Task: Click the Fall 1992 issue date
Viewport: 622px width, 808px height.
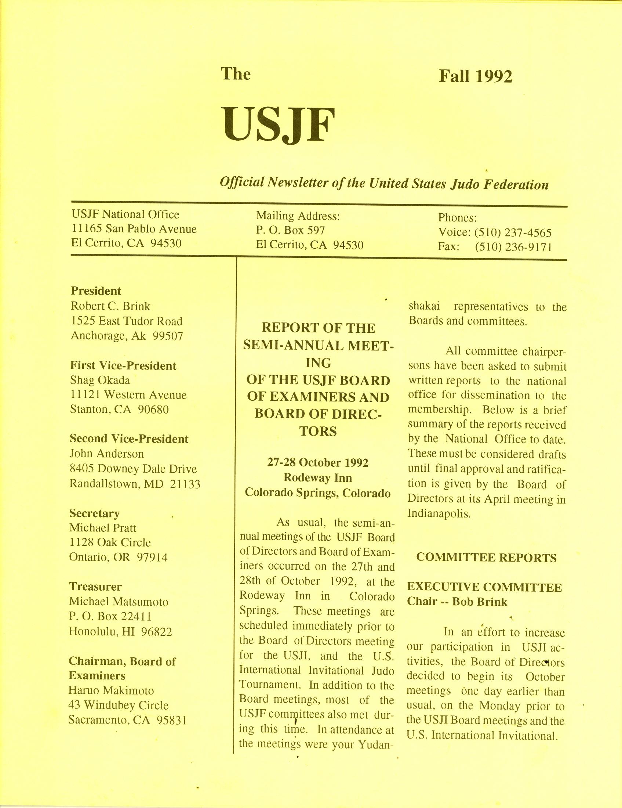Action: point(475,77)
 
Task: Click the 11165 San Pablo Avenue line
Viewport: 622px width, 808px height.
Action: point(134,229)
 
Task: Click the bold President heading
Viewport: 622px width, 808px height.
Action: point(96,291)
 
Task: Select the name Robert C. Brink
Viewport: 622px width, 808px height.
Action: point(110,306)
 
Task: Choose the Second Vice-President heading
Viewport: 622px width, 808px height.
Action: point(129,439)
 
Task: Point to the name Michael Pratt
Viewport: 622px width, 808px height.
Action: point(103,527)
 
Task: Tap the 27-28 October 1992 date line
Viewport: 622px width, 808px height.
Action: point(318,463)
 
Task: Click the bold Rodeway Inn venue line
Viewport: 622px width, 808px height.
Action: point(318,477)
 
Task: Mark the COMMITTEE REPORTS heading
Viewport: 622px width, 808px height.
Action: point(486,558)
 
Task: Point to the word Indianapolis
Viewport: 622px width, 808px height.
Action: point(439,514)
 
